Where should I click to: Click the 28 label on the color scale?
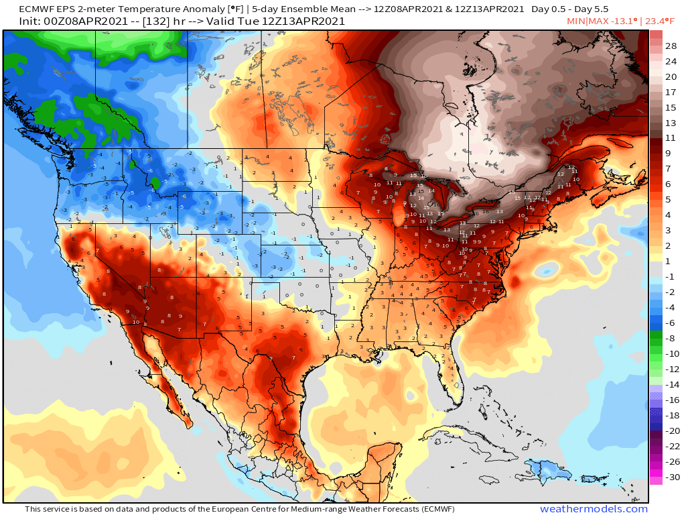coord(671,46)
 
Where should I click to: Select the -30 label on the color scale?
coord(671,477)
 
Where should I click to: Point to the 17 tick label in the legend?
coord(671,92)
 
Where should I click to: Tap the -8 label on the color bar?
coord(671,339)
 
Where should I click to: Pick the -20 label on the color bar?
coord(671,431)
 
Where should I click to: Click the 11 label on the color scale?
coord(671,138)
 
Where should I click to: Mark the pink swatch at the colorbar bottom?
coord(656,479)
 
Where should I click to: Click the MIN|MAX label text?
coord(584,21)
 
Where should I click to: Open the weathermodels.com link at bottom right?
coord(594,509)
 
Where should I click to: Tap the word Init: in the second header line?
coord(15,21)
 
